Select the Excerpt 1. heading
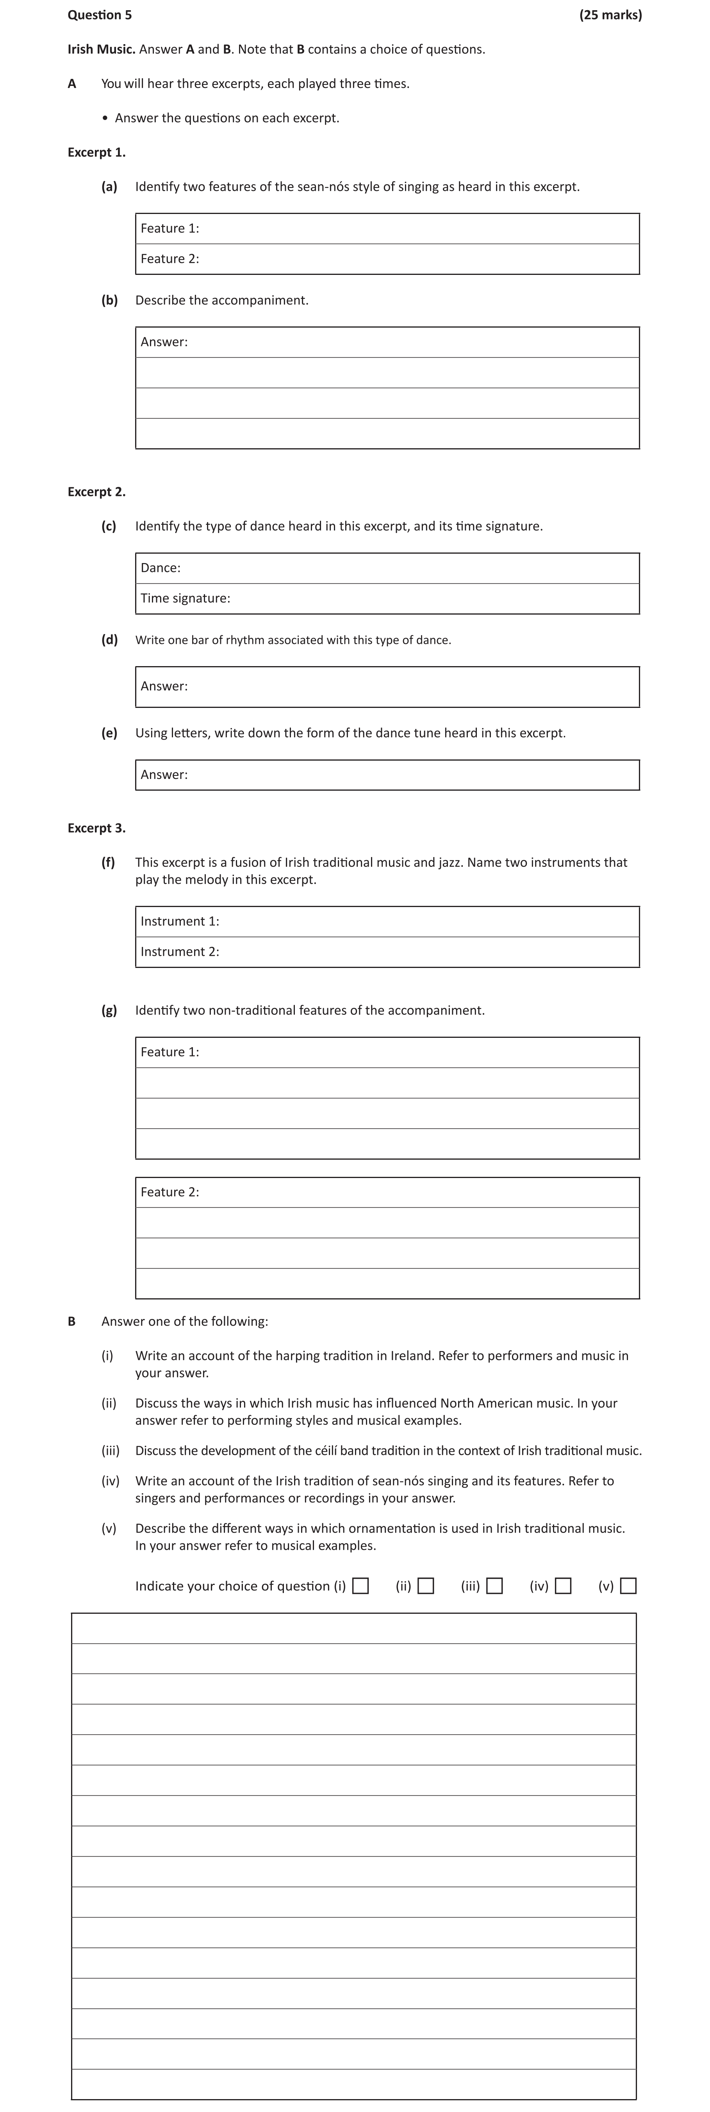pyautogui.click(x=97, y=153)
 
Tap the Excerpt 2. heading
pyautogui.click(x=97, y=492)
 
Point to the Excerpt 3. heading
pyautogui.click(x=97, y=828)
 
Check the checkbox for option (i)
pyautogui.click(x=360, y=1586)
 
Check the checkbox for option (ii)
pyautogui.click(x=426, y=1586)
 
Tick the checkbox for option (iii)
pyautogui.click(x=494, y=1586)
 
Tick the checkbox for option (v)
pyautogui.click(x=628, y=1586)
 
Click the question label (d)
pyautogui.click(x=109, y=640)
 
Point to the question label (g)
pyautogui.click(x=109, y=1010)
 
